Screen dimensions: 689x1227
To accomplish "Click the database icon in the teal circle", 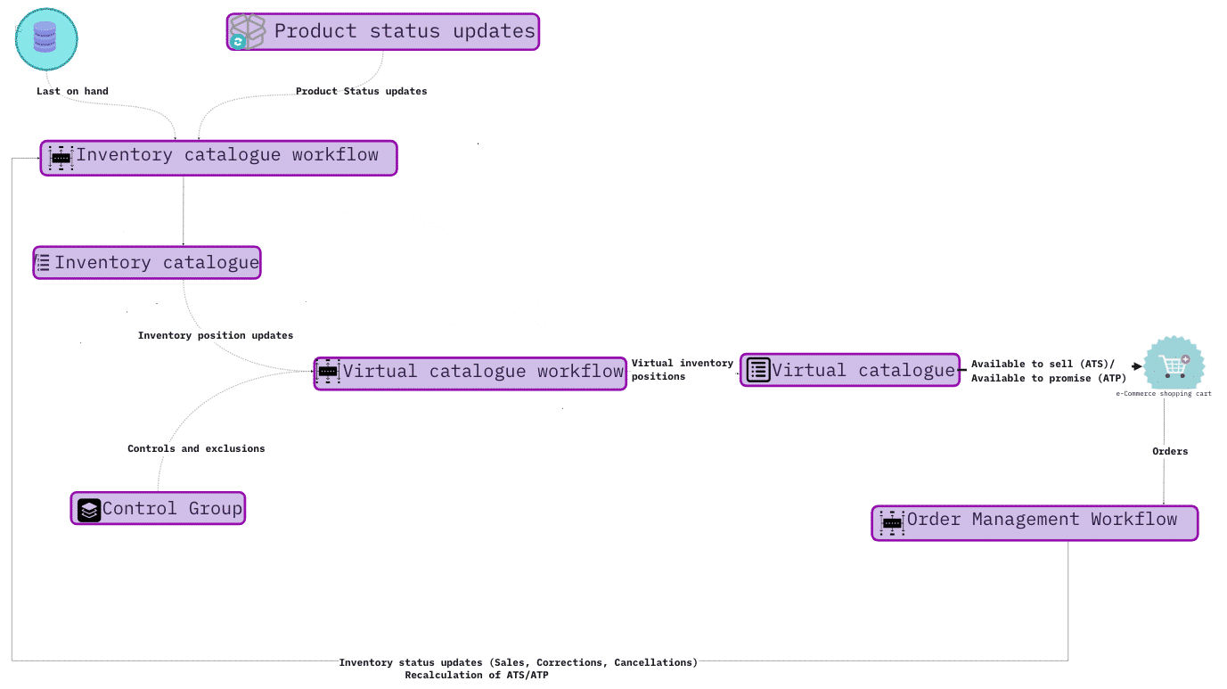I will tap(46, 39).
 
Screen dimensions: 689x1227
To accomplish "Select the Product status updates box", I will tap(383, 32).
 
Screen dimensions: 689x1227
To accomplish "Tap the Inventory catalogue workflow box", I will tap(218, 158).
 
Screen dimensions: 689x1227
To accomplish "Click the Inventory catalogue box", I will tap(147, 263).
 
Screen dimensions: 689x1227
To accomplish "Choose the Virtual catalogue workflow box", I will tap(470, 372).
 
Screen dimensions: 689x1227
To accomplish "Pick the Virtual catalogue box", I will tap(850, 370).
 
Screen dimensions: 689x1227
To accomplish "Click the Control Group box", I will tap(158, 509).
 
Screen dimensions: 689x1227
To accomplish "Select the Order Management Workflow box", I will tap(1035, 522).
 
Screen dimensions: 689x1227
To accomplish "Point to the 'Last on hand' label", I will tap(72, 91).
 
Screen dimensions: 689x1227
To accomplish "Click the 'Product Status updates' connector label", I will tap(361, 91).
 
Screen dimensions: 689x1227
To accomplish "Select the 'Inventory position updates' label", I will tap(216, 336).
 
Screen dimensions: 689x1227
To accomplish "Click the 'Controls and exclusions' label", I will tap(196, 449).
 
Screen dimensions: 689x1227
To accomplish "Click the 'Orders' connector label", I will tap(1170, 452).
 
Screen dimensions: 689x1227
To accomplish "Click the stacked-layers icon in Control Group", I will tap(89, 510).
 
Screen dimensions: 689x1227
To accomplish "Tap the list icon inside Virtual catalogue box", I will tap(758, 370).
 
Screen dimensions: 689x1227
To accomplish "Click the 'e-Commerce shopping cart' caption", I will tap(1164, 393).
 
